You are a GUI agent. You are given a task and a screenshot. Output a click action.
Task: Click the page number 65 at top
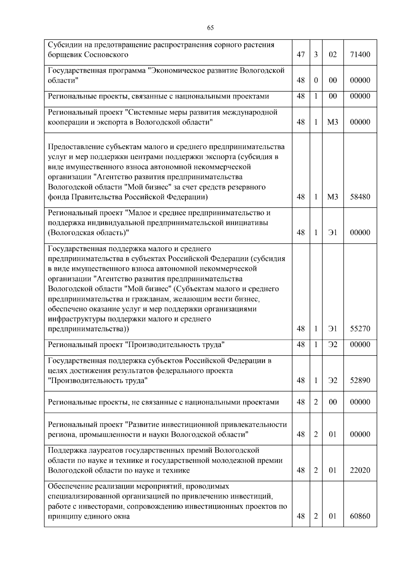click(210, 28)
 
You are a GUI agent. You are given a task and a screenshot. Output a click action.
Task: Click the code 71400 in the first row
click(360, 54)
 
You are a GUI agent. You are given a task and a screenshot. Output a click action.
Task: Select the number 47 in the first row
click(301, 54)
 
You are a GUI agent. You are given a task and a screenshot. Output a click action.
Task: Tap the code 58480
click(360, 197)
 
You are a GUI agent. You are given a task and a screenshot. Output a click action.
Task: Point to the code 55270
click(360, 329)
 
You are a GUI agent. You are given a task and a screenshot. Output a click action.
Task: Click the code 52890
click(360, 381)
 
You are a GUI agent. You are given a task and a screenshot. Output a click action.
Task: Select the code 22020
click(360, 470)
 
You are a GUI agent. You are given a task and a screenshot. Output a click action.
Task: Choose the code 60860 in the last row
click(360, 516)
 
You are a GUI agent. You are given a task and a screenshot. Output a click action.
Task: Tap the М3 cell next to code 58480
click(333, 197)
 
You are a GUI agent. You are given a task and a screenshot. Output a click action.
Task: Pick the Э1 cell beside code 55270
click(333, 329)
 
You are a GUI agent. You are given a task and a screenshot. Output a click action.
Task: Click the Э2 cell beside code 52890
click(333, 381)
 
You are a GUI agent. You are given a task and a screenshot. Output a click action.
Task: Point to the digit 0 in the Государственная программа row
click(316, 80)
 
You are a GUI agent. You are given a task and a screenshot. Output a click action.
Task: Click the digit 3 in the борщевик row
click(316, 54)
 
